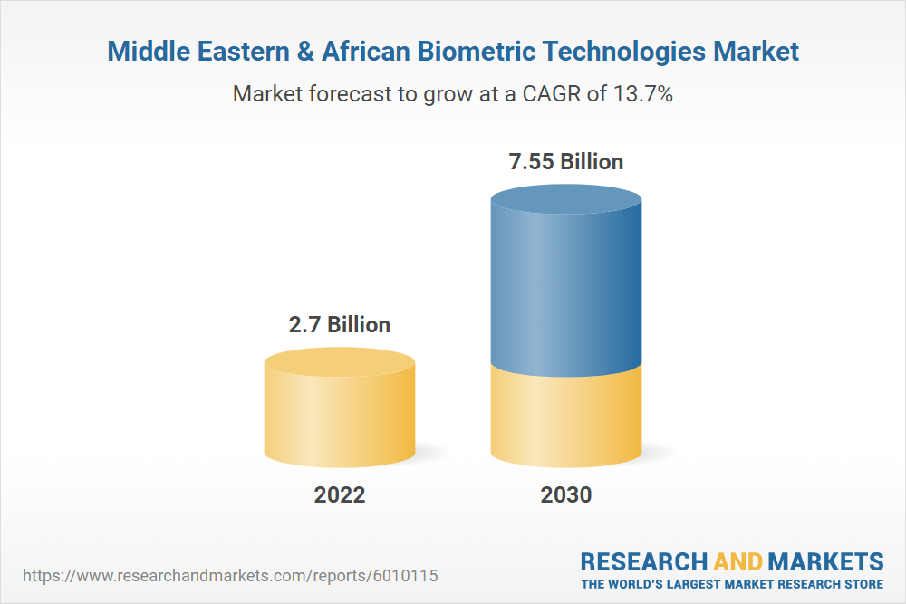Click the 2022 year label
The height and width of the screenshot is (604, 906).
point(340,495)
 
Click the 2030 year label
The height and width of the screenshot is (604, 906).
point(566,495)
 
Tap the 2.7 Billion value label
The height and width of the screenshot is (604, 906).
point(340,324)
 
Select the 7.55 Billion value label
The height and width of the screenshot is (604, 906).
point(566,162)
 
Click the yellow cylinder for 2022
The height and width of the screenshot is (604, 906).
point(340,417)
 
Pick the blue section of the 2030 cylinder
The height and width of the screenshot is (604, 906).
point(566,290)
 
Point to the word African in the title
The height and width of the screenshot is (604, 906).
point(374,52)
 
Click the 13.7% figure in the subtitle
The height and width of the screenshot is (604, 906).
point(641,94)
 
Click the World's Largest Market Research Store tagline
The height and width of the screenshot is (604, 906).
point(732,584)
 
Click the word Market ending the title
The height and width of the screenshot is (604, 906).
point(758,52)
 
